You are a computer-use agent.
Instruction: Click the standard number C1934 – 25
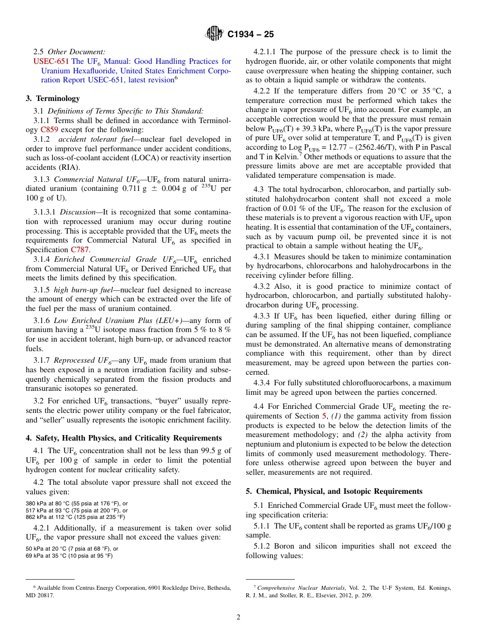(251, 35)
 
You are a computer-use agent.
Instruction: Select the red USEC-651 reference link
(51, 61)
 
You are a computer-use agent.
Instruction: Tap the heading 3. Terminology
(53, 98)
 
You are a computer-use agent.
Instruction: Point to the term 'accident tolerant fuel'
(95, 139)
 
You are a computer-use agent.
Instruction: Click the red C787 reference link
(80, 249)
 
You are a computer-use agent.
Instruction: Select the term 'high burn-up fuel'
(85, 290)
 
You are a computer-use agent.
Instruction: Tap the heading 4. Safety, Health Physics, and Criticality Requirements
(124, 438)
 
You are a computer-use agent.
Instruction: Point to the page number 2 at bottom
(238, 617)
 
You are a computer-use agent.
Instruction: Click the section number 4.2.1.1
(265, 52)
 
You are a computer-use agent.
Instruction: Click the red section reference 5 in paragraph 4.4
(324, 416)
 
